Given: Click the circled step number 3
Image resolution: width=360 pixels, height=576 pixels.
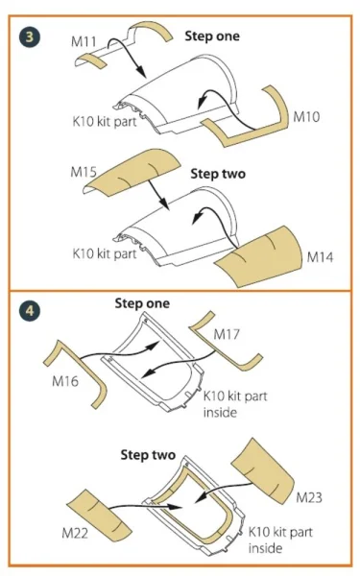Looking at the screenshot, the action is [x=30, y=36].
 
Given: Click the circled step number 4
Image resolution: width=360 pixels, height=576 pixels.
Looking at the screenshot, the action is [x=30, y=311].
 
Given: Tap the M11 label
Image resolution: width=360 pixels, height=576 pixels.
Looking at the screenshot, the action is [x=84, y=41].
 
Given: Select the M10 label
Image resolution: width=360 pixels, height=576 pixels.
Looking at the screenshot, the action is [x=306, y=117].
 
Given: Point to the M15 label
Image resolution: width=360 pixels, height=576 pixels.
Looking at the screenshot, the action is [x=84, y=172].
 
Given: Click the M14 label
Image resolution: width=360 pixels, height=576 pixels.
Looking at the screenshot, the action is [x=320, y=257].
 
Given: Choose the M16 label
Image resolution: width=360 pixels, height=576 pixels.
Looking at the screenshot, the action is [x=65, y=381].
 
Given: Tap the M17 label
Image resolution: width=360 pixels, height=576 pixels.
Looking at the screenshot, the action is [x=227, y=334].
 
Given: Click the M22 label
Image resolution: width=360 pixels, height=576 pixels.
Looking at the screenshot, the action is [x=75, y=533].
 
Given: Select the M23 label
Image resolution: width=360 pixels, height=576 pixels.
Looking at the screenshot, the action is [x=309, y=497].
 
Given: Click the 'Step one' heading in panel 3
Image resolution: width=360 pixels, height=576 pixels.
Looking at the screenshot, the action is [x=212, y=36].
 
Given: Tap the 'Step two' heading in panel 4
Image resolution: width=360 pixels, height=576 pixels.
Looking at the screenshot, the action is [x=148, y=455].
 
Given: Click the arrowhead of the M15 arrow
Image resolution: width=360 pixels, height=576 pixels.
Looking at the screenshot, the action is [x=164, y=205].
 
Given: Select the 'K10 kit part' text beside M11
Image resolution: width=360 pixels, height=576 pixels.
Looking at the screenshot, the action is [x=105, y=121].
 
